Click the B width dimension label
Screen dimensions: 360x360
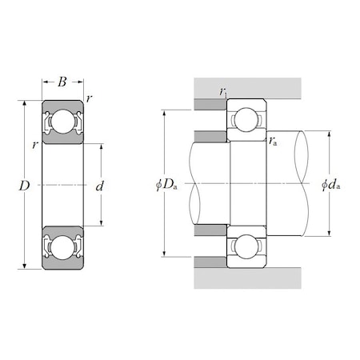63,82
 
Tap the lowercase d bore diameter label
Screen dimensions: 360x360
99,186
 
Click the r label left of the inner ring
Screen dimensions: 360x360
36,145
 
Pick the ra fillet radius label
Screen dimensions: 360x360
274,142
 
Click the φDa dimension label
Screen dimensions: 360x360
166,186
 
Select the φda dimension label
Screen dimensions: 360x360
330,186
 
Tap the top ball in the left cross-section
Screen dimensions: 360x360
63,123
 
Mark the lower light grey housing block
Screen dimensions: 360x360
247,277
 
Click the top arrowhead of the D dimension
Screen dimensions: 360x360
26,103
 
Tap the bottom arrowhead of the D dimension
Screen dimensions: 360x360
26,266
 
